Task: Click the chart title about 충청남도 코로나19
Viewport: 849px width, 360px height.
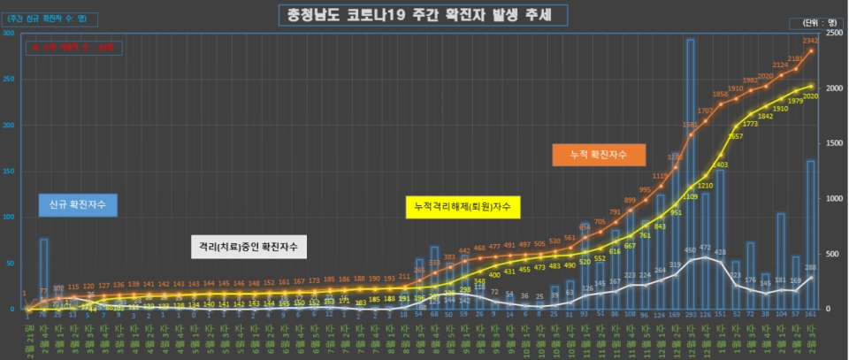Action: pyautogui.click(x=421, y=15)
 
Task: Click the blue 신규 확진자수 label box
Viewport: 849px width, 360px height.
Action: pyautogui.click(x=79, y=204)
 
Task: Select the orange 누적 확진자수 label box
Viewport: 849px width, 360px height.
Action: pyautogui.click(x=598, y=154)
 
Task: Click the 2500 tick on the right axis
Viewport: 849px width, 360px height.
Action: pyautogui.click(x=832, y=34)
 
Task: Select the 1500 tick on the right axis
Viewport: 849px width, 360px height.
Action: pyautogui.click(x=832, y=143)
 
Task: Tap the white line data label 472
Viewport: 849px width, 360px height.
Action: pyautogui.click(x=705, y=248)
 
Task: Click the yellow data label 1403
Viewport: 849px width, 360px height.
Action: pyautogui.click(x=719, y=165)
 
